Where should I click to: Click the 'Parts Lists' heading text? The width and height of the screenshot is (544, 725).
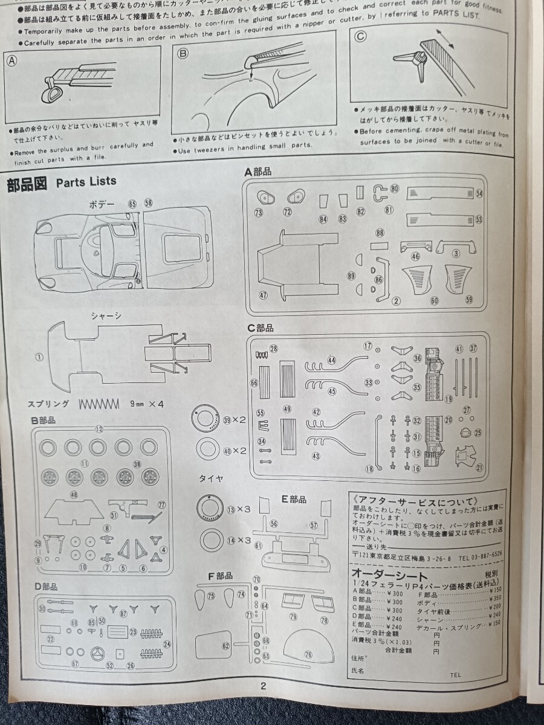86,182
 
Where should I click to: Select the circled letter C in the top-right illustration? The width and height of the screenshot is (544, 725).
361,36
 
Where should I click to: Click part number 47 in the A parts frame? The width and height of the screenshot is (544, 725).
262,295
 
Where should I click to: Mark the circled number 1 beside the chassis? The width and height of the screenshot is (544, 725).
40,357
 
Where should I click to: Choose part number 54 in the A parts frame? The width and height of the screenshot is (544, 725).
479,193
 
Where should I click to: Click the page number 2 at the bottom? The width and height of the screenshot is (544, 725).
263,685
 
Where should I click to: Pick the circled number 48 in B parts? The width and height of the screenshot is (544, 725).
74,494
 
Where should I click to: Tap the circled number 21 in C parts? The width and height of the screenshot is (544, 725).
480,467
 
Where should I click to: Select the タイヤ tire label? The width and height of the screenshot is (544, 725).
211,478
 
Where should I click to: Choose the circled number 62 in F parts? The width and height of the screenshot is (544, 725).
225,646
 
